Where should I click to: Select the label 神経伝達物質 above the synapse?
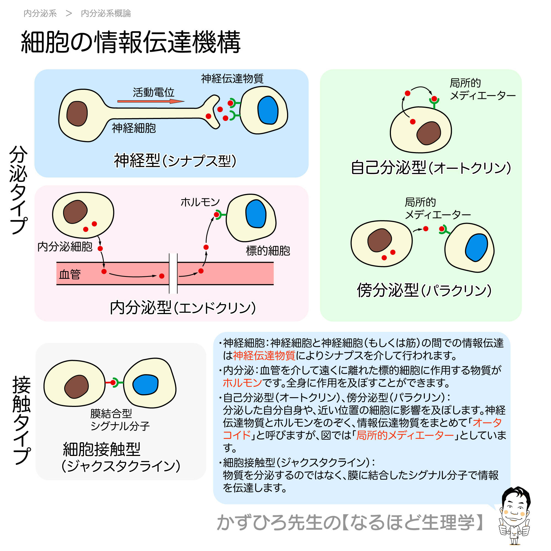232,79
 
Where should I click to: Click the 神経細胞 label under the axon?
133,128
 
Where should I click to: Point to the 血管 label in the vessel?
70,274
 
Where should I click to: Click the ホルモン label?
200,202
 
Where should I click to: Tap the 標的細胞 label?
268,251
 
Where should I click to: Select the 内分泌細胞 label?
65,246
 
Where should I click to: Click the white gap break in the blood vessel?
173,273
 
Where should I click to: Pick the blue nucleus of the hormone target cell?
256,214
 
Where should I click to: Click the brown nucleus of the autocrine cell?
428,133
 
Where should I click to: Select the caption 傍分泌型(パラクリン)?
424,290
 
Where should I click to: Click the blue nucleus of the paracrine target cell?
476,247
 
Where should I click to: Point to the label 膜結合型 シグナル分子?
120,420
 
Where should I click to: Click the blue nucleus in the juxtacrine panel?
145,384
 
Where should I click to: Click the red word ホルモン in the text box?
242,382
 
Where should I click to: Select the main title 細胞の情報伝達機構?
131,42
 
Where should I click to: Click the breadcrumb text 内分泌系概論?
106,13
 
